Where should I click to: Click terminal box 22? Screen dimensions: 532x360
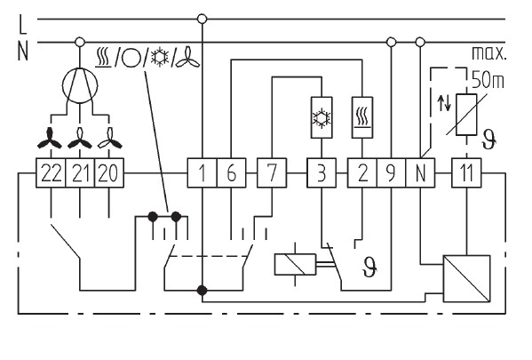coord(51,172)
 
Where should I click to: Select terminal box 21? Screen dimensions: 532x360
coord(80,172)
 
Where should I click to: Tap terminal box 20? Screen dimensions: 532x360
coord(109,172)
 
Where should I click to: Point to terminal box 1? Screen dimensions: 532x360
coord(202,172)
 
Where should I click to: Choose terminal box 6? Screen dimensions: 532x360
coord(232,172)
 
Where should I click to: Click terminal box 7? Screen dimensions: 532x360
coord(272,172)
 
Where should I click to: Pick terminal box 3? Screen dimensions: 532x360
coord(322,172)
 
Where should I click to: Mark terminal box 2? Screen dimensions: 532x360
coord(362,172)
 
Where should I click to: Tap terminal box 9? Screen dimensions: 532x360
coord(392,172)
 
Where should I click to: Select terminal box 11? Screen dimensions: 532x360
coord(466,172)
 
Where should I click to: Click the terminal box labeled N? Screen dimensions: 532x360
coord(420,172)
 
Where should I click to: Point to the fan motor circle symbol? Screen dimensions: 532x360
coord(80,85)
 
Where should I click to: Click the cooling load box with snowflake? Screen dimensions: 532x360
coord(322,117)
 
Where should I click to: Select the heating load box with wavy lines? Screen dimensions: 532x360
coord(362,117)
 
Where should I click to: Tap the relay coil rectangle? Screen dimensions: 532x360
coord(295,264)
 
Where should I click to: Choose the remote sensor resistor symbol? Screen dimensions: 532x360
coord(466,115)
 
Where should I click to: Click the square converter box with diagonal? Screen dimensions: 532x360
coord(467,278)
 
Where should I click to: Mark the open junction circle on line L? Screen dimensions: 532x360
coord(202,19)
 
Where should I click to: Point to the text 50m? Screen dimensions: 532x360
coord(488,81)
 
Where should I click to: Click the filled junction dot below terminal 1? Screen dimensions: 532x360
coord(202,291)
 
